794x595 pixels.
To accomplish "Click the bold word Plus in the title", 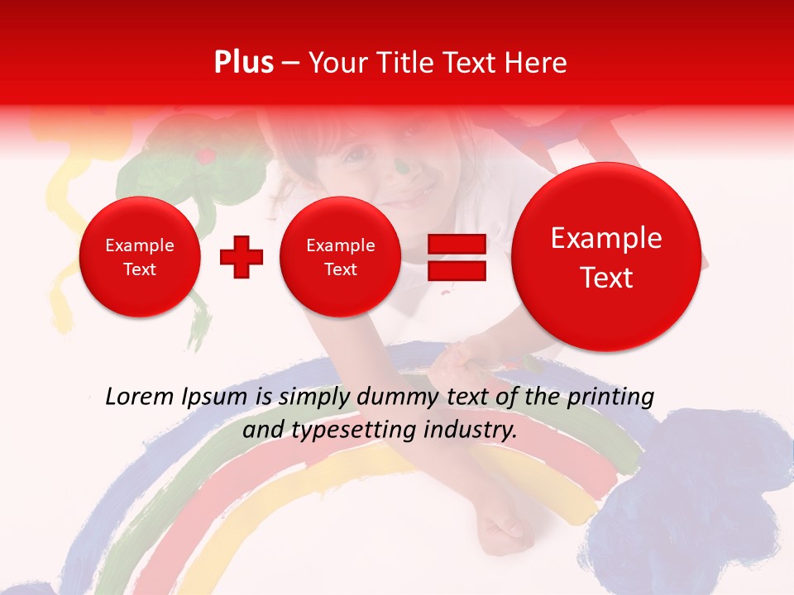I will click(243, 63).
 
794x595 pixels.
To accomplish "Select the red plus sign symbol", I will click(242, 257).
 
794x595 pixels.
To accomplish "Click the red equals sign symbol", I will click(457, 257).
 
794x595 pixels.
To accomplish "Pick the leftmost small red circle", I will click(140, 257).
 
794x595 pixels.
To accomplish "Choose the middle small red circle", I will click(341, 257).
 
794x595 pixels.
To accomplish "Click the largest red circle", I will click(606, 257).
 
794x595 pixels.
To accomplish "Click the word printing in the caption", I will click(610, 397).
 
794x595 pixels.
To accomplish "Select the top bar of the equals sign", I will click(457, 244).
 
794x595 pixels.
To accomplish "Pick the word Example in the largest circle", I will click(606, 239).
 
